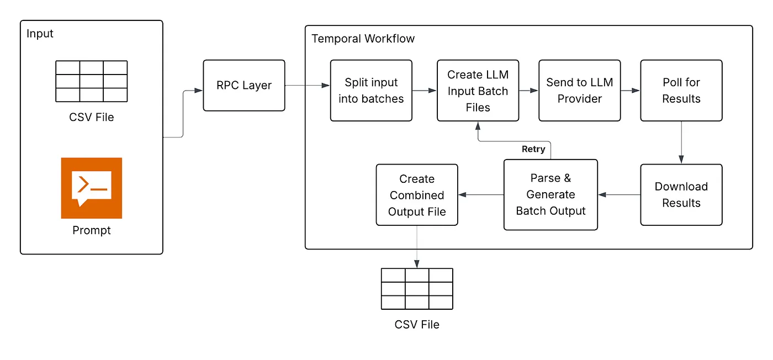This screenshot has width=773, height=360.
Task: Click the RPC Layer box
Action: point(244,86)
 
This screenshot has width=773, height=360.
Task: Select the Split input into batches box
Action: point(371,91)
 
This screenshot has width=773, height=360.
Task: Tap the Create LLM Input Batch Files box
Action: point(478,91)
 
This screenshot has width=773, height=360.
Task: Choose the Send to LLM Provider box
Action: point(579,91)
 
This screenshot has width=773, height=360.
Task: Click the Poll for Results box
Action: point(681,91)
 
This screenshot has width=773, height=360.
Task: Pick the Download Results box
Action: point(681,194)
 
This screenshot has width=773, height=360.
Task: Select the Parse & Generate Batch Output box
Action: point(550,194)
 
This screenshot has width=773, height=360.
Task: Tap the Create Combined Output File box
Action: point(417,194)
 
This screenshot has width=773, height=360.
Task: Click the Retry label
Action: point(533,149)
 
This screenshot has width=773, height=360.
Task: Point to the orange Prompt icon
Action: point(92,188)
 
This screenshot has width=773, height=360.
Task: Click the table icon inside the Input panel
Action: point(92,81)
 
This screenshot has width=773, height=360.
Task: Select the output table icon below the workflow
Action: point(417,289)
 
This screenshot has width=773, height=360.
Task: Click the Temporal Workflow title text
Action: point(363,39)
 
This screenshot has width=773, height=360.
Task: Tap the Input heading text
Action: point(40,34)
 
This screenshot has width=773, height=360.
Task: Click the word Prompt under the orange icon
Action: point(92,230)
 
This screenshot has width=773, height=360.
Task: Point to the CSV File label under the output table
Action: point(417,324)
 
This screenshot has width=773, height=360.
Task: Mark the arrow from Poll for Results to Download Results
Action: point(681,142)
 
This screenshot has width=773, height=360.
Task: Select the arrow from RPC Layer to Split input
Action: point(308,86)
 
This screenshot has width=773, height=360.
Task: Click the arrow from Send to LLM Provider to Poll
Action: point(630,91)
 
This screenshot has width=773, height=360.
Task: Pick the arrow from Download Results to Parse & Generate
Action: point(619,194)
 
